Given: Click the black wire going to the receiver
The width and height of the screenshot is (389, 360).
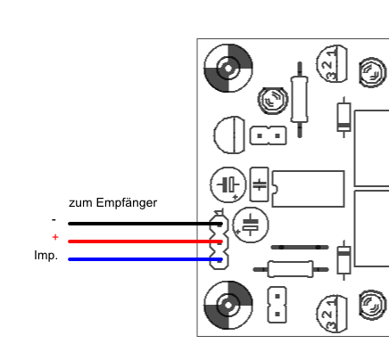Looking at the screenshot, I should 134,224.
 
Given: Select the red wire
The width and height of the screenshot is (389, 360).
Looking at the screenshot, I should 134,241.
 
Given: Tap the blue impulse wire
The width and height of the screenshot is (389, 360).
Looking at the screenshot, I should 134,260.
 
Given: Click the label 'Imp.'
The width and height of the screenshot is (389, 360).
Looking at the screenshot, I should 46,256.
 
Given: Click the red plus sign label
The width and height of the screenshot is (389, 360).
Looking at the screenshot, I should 55,237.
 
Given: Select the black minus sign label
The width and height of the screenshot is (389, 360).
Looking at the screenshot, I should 54,219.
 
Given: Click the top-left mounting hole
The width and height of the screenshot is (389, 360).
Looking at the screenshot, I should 228,68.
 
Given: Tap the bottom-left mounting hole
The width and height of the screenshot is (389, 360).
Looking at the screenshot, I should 228,304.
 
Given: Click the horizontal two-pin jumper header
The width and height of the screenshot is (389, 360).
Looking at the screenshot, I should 267,136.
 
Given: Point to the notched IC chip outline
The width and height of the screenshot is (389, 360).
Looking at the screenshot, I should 308,188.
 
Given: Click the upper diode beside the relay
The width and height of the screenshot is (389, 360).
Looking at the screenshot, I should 343,116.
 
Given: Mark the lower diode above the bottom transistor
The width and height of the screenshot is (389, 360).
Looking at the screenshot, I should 343,259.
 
